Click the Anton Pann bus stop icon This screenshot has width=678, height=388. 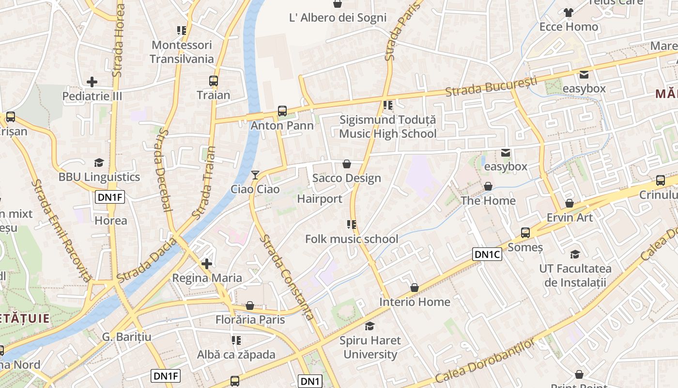pos(282,111)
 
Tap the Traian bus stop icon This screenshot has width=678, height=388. pos(214,81)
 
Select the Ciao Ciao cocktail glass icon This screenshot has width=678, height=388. pos(255,175)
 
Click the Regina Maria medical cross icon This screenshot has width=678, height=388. pos(207,263)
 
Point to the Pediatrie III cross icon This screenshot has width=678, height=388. pos(92,82)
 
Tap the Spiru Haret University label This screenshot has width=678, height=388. pos(370,347)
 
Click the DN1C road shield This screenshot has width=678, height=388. pos(487,254)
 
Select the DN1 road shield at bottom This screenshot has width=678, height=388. pos(310,381)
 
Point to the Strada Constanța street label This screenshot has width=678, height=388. pos(287,277)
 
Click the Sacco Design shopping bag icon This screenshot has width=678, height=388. pos(347,164)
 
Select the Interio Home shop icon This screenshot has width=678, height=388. pos(415,288)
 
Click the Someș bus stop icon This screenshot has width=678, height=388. pos(525,233)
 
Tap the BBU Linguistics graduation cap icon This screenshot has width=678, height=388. pos(99,162)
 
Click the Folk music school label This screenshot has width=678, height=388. pos(352,239)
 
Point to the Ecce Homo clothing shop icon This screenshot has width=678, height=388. pos(569,13)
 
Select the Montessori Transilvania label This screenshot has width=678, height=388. pos(182,52)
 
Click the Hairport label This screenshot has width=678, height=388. pos(320,199)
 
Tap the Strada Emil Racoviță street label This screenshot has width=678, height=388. pos(61,230)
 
